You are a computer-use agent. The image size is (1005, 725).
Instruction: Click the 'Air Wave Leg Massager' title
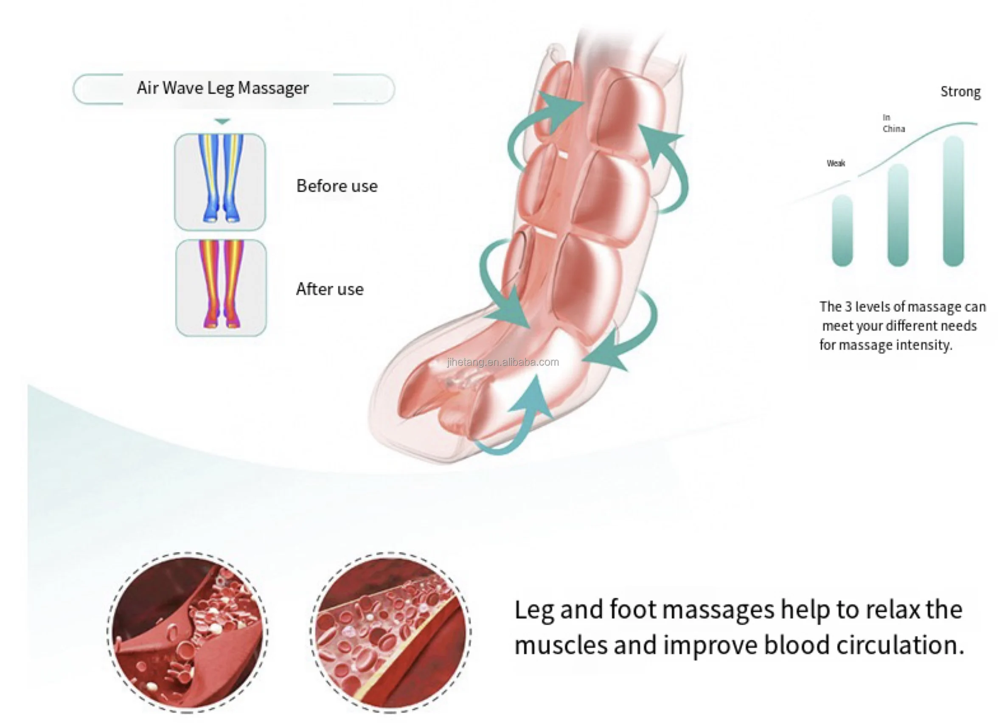(222, 88)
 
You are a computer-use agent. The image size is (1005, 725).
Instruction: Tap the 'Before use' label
(337, 186)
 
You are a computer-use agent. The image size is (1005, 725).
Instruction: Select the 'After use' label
(330, 289)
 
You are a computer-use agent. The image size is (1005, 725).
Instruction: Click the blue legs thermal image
(220, 182)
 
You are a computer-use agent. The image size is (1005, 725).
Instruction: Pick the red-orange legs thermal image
(221, 288)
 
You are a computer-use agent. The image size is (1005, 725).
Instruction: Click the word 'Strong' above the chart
(960, 92)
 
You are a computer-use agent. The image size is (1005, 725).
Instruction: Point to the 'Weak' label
(836, 163)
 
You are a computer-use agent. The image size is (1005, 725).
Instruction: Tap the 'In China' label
(893, 123)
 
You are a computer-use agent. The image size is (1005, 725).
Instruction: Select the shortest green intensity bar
(842, 230)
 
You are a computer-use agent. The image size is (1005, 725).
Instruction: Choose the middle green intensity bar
(898, 215)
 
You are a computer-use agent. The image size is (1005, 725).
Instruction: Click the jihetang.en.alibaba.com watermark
(503, 362)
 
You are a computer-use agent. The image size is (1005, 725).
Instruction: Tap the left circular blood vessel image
(188, 632)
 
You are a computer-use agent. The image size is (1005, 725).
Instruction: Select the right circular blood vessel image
(390, 632)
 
